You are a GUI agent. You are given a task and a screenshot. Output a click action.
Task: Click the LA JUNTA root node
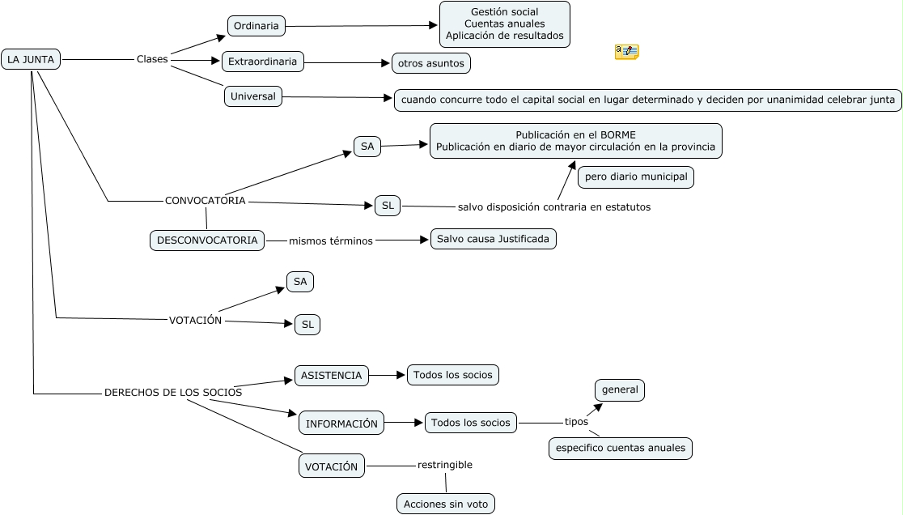pos(31,59)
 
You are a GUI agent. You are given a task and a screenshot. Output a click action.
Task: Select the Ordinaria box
pos(256,26)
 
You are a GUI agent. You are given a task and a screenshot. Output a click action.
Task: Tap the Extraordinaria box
pos(263,62)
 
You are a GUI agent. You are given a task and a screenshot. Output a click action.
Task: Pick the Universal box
pos(252,96)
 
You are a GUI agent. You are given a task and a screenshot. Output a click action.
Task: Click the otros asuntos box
pos(430,62)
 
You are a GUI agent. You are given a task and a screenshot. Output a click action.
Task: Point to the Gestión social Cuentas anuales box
pos(504,24)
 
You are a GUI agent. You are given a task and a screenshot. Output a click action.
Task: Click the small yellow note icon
pos(626,52)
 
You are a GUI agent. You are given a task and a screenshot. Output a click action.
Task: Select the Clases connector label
pos(152,59)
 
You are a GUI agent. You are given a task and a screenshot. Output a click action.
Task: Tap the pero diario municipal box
pos(636,177)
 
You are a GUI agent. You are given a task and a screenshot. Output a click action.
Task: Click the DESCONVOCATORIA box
pos(207,240)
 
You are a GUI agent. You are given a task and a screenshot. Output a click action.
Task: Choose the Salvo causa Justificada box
pos(493,239)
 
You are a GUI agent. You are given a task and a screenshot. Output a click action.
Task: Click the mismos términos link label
pos(331,241)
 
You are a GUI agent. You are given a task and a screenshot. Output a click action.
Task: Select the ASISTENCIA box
pos(331,376)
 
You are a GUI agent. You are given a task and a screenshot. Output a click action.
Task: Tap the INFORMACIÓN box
pos(341,423)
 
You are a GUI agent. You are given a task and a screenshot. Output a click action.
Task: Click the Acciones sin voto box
pos(446,504)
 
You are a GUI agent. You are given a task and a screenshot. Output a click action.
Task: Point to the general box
pos(620,389)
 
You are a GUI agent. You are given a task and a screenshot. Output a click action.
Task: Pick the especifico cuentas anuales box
pos(620,448)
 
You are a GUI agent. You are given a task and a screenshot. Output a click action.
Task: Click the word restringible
pos(445,465)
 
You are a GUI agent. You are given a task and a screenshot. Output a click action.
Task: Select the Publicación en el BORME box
pos(575,141)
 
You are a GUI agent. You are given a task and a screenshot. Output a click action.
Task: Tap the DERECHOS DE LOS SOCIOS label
pos(173,393)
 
